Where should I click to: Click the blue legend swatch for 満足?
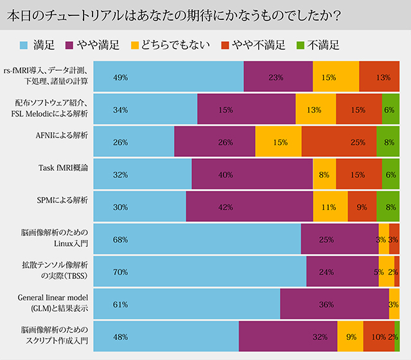click(24, 45)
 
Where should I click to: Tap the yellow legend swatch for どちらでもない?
click(135, 45)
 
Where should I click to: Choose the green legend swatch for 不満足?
click(299, 45)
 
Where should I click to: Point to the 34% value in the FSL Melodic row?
click(120, 110)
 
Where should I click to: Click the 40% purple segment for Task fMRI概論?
click(252, 174)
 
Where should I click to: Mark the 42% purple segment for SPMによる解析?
click(249, 207)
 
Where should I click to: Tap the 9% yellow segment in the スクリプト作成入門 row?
click(350, 336)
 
